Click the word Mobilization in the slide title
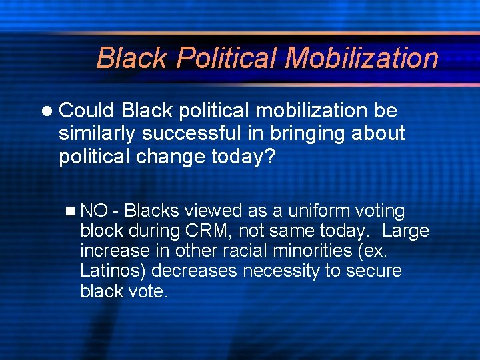pos(361,58)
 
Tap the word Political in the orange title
pos(227,58)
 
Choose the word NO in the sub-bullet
pos(94,211)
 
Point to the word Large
pos(406,231)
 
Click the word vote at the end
pos(148,291)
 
